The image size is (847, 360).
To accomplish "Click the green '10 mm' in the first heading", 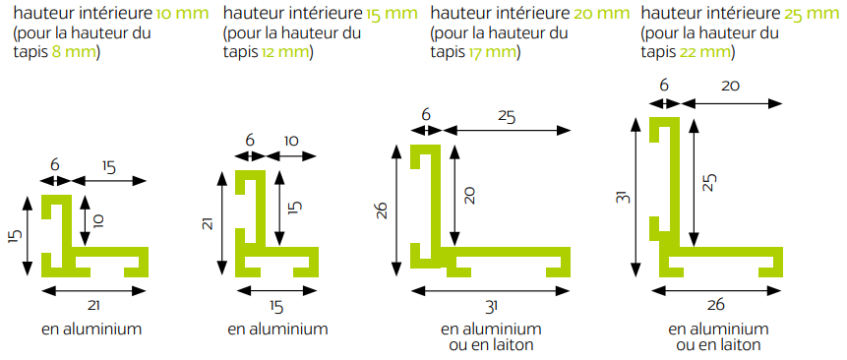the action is [182, 14].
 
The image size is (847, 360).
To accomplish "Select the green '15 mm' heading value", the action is [392, 14].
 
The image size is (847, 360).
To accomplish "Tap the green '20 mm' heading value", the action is [602, 14].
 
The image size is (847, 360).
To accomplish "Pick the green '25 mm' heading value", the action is [813, 14].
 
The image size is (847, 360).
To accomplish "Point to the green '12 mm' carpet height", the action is [284, 53].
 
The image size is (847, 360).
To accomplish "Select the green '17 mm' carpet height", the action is [492, 53].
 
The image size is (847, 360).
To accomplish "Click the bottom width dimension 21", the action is [94, 306].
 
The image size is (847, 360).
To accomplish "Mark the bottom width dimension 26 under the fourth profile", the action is [716, 306].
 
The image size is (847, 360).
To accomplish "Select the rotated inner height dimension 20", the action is [469, 195].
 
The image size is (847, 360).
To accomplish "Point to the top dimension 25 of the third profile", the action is [507, 117].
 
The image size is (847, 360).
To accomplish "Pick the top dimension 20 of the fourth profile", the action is [730, 86].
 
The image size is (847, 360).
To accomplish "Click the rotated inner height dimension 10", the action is [98, 220].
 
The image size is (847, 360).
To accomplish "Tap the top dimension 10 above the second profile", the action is [290, 141].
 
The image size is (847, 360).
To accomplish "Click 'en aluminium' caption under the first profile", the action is [91, 330].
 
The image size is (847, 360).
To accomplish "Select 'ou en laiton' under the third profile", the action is [491, 345].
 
